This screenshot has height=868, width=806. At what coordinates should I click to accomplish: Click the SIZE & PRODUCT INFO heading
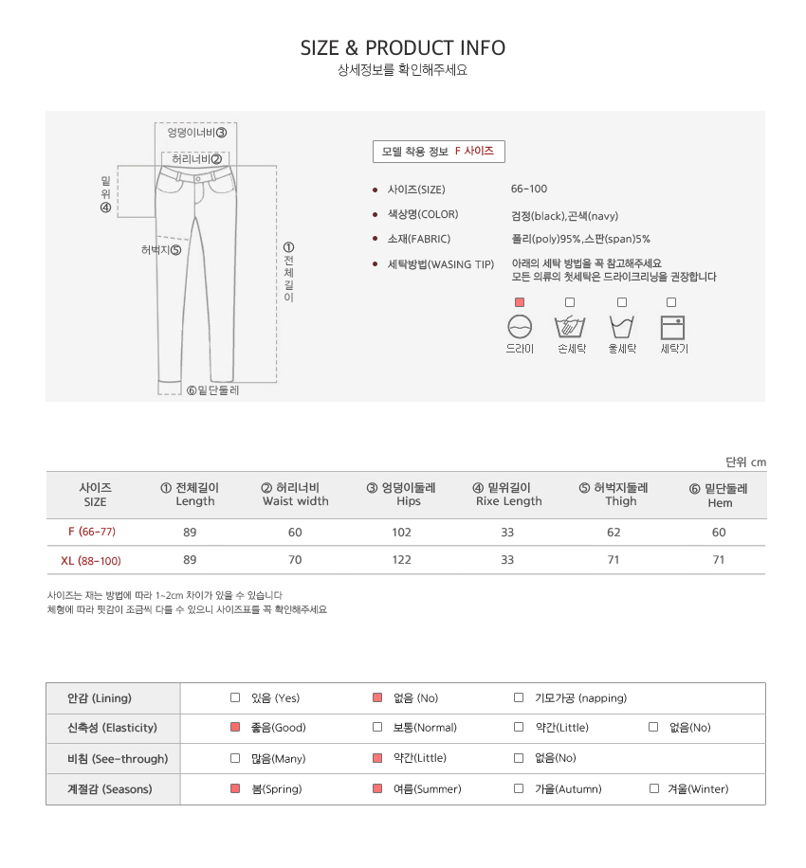pyautogui.click(x=403, y=48)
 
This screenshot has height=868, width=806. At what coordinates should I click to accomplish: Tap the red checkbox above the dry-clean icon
pyautogui.click(x=519, y=302)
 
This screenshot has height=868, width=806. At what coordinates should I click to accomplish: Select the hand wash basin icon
pyautogui.click(x=570, y=327)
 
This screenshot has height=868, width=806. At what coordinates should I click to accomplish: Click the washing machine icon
pyautogui.click(x=672, y=327)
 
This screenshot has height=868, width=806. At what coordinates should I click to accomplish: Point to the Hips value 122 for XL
pyautogui.click(x=402, y=560)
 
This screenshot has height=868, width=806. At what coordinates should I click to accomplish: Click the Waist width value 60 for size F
pyautogui.click(x=295, y=532)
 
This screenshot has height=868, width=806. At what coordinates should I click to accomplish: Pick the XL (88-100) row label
pyautogui.click(x=91, y=561)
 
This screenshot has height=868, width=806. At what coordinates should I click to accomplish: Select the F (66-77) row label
pyautogui.click(x=92, y=532)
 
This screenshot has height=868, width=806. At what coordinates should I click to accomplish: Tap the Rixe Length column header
pyautogui.click(x=508, y=495)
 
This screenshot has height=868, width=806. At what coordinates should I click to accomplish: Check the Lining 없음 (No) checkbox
pyautogui.click(x=377, y=697)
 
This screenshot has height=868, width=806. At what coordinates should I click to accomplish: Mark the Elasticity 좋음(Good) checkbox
pyautogui.click(x=235, y=727)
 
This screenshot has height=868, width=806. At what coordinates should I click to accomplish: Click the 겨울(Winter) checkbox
pyautogui.click(x=653, y=788)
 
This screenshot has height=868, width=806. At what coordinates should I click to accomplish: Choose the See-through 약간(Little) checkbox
pyautogui.click(x=377, y=758)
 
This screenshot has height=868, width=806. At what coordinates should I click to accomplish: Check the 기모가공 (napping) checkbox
pyautogui.click(x=519, y=697)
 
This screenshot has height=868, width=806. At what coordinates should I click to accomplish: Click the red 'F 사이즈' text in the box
pyautogui.click(x=474, y=151)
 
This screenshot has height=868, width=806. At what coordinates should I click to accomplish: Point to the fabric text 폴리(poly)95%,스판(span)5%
pyautogui.click(x=580, y=239)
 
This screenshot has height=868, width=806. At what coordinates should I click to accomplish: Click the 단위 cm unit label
pyautogui.click(x=745, y=461)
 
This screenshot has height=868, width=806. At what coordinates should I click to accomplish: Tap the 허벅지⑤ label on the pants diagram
pyautogui.click(x=161, y=249)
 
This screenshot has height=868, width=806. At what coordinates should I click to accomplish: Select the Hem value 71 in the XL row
pyautogui.click(x=719, y=560)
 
